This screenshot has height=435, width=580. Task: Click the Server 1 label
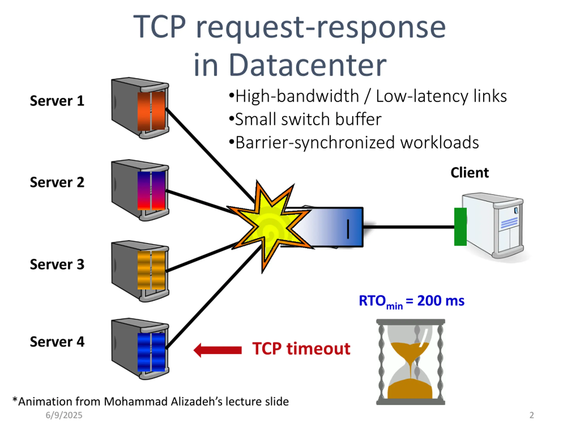(57, 101)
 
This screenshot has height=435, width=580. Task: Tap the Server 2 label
(57, 182)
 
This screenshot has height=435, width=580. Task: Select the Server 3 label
(57, 264)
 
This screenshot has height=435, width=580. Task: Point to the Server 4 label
(57, 342)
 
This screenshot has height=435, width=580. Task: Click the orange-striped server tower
(140, 108)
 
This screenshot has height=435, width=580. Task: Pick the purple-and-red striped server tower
(140, 190)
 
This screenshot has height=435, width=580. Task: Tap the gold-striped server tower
(140, 271)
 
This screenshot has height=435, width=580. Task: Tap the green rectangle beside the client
(460, 227)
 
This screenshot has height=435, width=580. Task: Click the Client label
(470, 173)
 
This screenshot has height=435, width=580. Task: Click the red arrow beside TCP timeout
(218, 350)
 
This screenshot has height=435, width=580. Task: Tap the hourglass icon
(411, 362)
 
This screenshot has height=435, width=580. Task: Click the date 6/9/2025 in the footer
(64, 415)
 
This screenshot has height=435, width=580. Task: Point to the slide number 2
(532, 415)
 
